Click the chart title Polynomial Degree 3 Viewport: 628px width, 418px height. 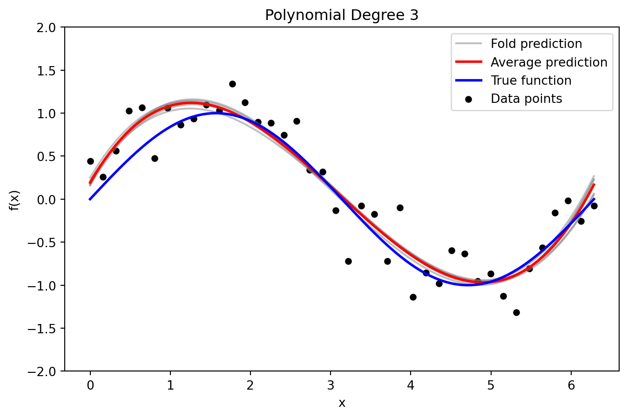tap(342, 15)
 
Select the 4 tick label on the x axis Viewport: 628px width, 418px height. tap(411, 385)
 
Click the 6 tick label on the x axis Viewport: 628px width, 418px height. tap(571, 385)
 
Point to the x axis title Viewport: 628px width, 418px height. tap(342, 403)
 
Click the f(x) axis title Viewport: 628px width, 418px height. tap(14, 200)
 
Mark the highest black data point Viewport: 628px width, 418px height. tap(232, 84)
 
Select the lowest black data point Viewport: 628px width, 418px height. tap(516, 312)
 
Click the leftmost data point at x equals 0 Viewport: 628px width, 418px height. tap(90, 161)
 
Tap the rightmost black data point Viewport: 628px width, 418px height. tap(594, 206)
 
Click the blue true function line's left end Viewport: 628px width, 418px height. tap(90, 199)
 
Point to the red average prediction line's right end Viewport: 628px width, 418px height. tap(594, 185)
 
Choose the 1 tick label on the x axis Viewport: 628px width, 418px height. tap(170, 385)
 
